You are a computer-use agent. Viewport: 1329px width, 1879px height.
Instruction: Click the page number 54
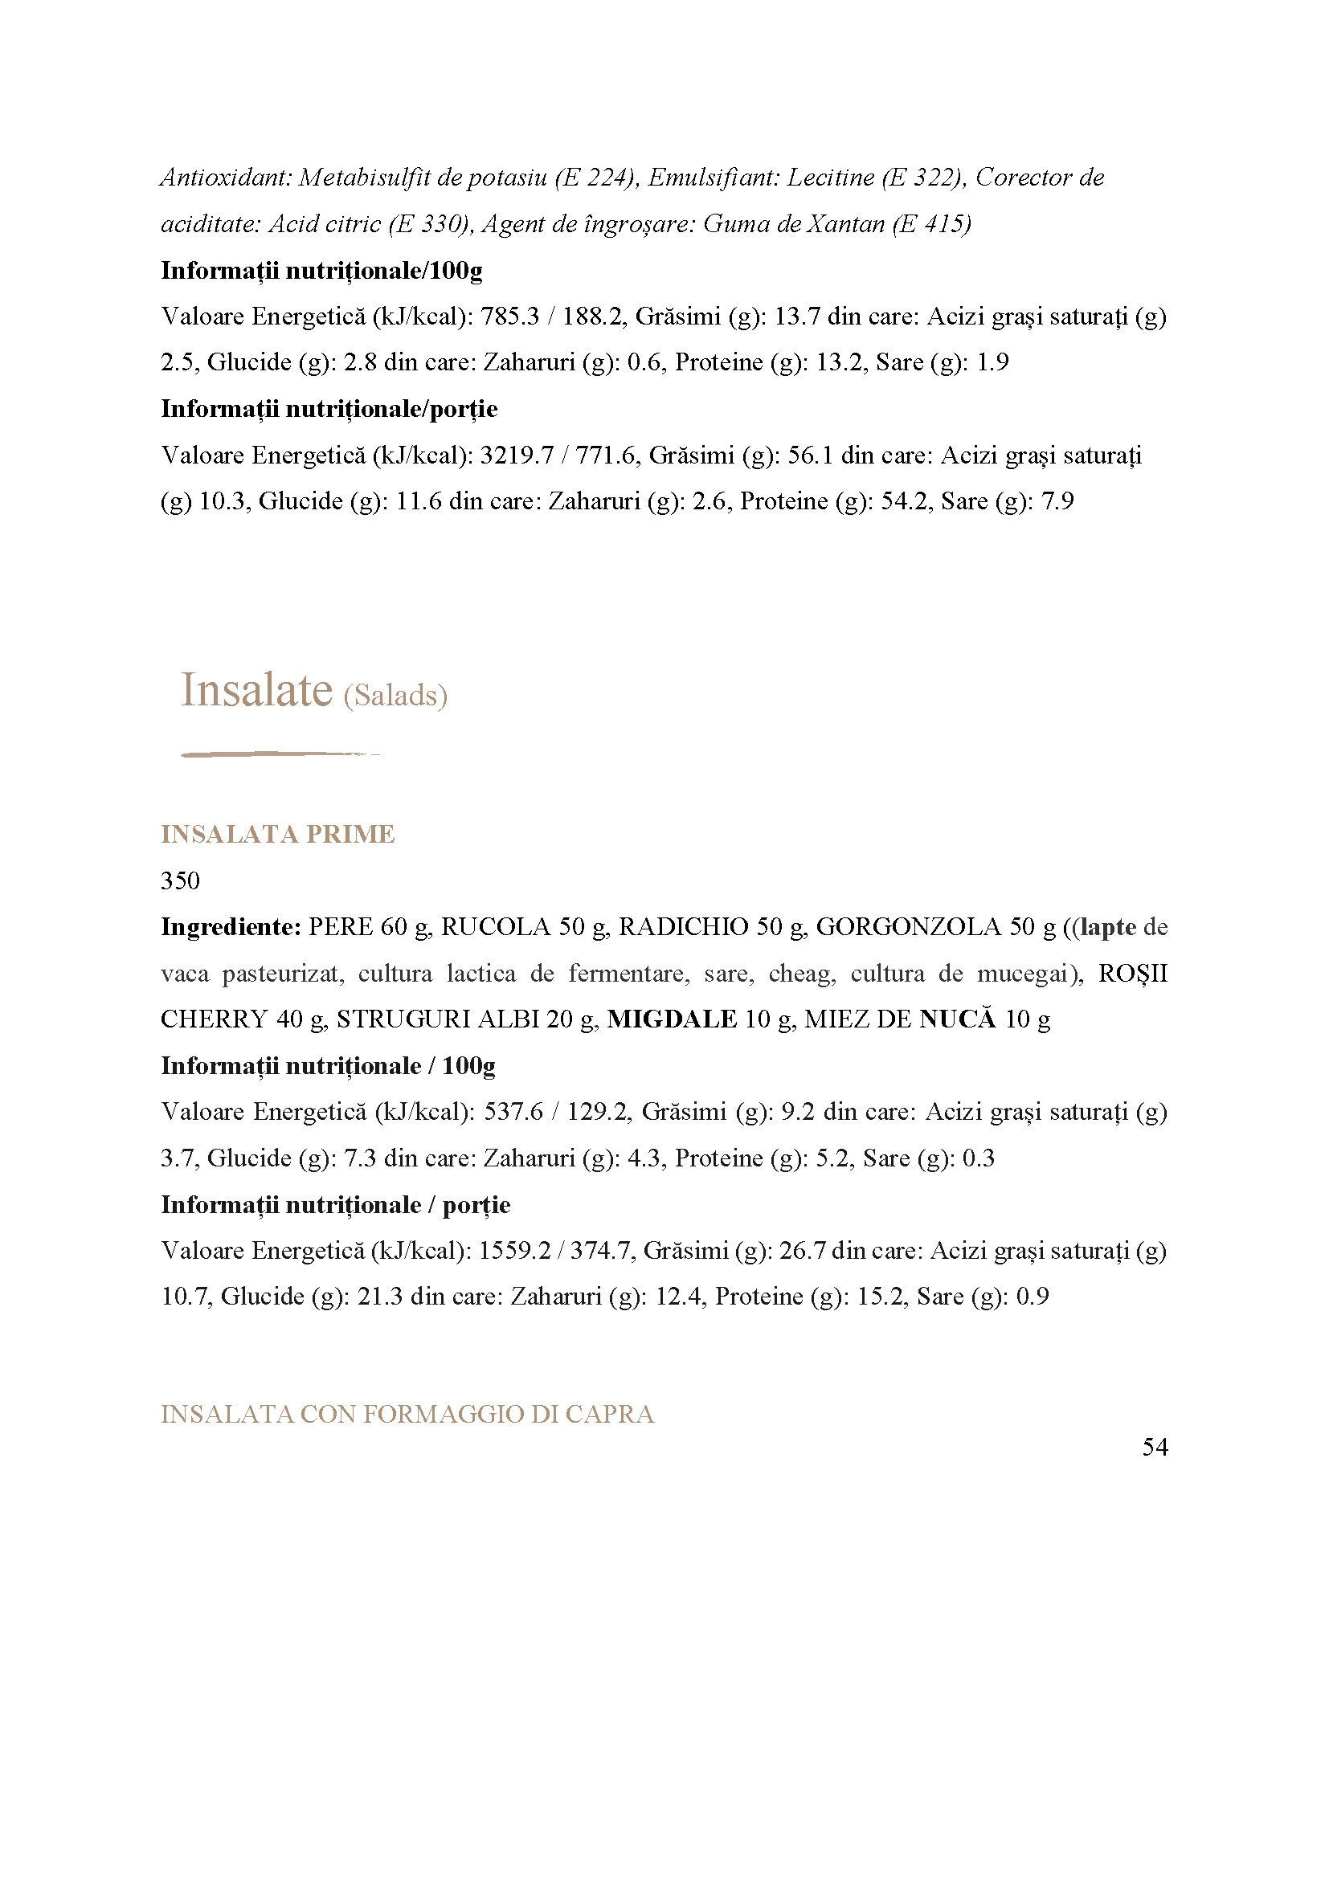coord(1154,1448)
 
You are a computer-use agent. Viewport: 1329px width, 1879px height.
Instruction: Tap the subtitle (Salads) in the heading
coord(396,696)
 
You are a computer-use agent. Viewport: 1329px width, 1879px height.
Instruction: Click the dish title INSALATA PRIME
coord(277,835)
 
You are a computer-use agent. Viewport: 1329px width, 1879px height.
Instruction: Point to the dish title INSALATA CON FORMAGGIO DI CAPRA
coord(407,1414)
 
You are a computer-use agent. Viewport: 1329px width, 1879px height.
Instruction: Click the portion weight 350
coord(180,880)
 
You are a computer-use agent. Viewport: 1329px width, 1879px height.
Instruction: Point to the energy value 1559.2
coord(521,1251)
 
